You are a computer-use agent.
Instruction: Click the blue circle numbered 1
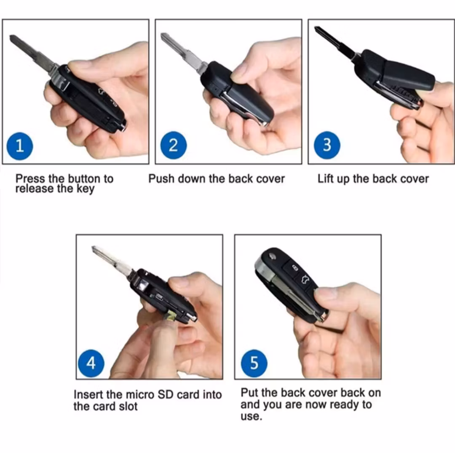(x=20, y=146)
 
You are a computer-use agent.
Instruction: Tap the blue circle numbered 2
(x=173, y=145)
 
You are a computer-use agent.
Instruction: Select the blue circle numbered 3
(x=327, y=145)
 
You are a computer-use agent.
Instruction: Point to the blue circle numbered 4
(x=91, y=363)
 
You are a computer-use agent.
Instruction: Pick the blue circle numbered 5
(x=254, y=363)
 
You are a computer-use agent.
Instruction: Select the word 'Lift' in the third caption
(x=324, y=179)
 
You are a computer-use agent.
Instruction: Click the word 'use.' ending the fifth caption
(x=251, y=416)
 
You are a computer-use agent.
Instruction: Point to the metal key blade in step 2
(x=183, y=52)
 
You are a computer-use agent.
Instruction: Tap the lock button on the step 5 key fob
(x=294, y=267)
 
